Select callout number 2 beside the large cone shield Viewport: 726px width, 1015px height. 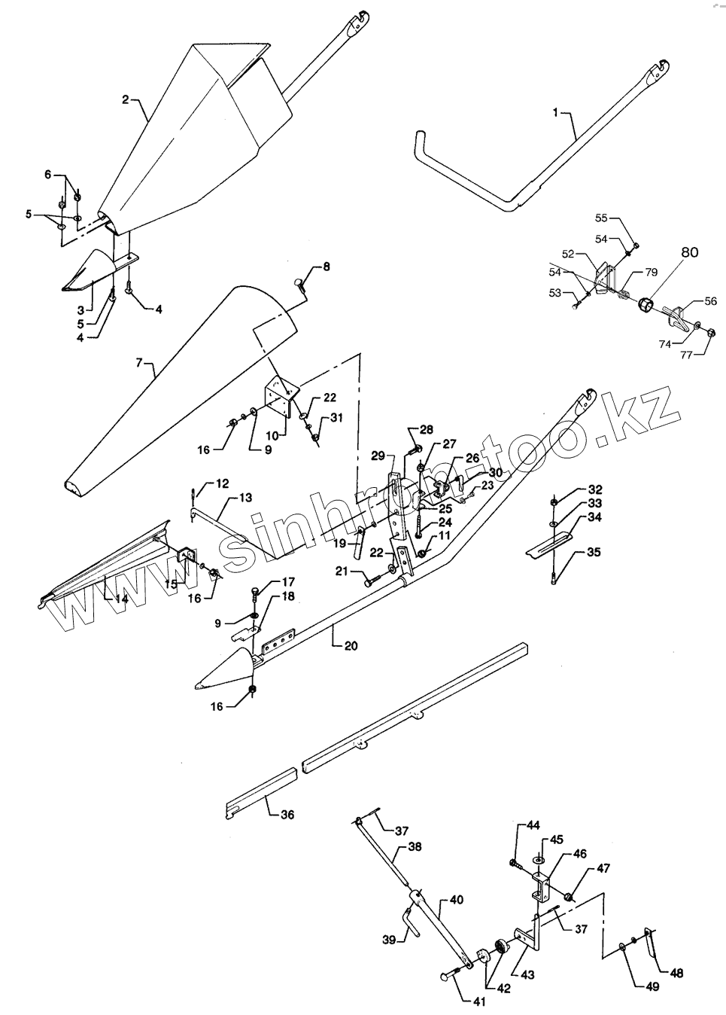pyautogui.click(x=126, y=99)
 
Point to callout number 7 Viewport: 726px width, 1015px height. pyautogui.click(x=138, y=364)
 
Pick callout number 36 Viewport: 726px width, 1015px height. pyautogui.click(x=287, y=814)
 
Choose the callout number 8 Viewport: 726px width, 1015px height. pyautogui.click(x=326, y=267)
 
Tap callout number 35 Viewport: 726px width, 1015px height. pyautogui.click(x=594, y=552)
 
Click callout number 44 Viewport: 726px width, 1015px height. pyautogui.click(x=533, y=825)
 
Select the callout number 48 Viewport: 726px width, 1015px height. pyautogui.click(x=676, y=973)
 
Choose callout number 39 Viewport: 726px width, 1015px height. pyautogui.click(x=387, y=940)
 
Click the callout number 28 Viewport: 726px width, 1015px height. pyautogui.click(x=427, y=429)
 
